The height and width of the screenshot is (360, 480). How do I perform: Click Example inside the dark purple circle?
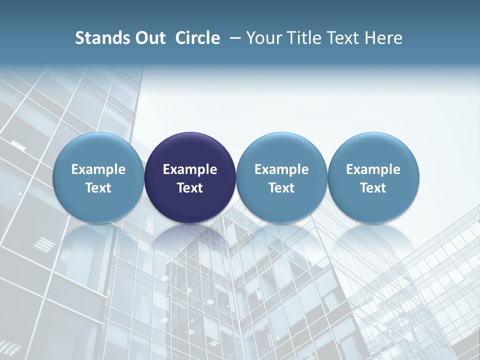[190, 169]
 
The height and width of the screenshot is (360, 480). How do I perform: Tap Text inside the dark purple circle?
[190, 188]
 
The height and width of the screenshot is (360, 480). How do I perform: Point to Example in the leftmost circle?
[98, 169]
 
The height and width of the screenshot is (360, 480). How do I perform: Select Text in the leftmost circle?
[98, 188]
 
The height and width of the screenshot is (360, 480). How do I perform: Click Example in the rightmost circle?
[373, 169]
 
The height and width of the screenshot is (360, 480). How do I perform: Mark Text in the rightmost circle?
[373, 188]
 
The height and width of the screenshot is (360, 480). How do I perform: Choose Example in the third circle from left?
[281, 169]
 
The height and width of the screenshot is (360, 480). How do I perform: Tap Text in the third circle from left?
[281, 188]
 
